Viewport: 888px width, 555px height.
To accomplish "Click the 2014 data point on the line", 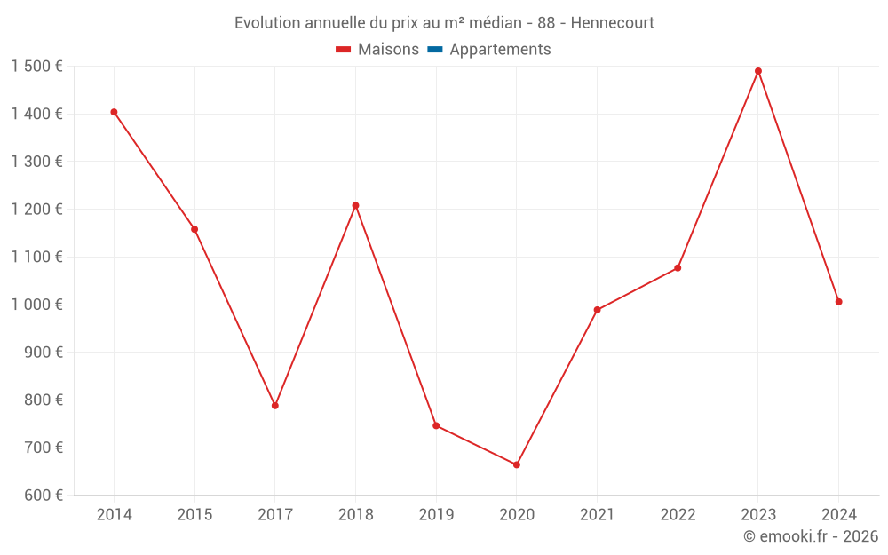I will click(x=114, y=112).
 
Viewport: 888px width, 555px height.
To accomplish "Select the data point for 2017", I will click(x=275, y=406).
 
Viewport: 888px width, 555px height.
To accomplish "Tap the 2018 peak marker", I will click(x=355, y=205).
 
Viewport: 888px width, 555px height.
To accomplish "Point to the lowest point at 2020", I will click(x=517, y=464).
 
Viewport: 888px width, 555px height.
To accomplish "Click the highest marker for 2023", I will click(x=758, y=71).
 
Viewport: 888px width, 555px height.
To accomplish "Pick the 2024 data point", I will click(x=838, y=302).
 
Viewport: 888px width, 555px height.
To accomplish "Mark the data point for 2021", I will click(x=598, y=310).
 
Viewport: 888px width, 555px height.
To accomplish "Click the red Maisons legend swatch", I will click(x=344, y=50).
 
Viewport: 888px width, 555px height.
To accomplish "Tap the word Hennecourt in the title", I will click(x=613, y=23).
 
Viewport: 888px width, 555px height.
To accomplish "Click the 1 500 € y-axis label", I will click(x=36, y=67).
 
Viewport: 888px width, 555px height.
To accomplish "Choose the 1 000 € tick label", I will click(x=36, y=305).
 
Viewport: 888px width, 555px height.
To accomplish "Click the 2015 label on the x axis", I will click(x=194, y=515).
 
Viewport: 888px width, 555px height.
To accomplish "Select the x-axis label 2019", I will click(x=436, y=515).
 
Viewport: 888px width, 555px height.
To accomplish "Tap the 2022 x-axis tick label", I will click(x=678, y=515).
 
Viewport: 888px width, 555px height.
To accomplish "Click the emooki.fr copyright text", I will click(x=811, y=536).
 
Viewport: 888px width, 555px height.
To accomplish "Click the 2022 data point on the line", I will click(x=678, y=268).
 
